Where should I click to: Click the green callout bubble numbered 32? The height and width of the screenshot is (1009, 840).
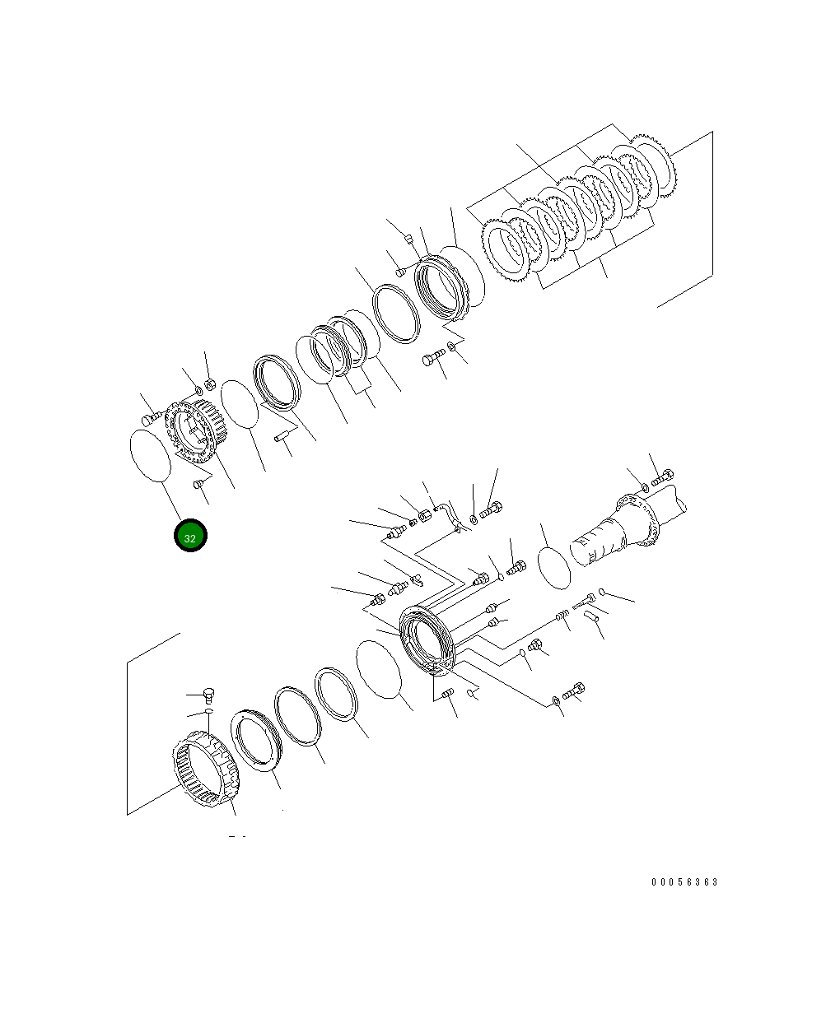190,537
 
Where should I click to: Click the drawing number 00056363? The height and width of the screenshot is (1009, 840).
684,882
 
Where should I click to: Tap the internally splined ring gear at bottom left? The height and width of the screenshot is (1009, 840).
206,769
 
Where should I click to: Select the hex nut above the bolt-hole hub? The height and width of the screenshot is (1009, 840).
209,384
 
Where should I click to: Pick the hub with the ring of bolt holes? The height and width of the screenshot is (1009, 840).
194,430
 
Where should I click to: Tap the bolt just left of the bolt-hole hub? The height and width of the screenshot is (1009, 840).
149,420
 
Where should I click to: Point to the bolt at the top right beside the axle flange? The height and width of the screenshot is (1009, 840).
662,477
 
